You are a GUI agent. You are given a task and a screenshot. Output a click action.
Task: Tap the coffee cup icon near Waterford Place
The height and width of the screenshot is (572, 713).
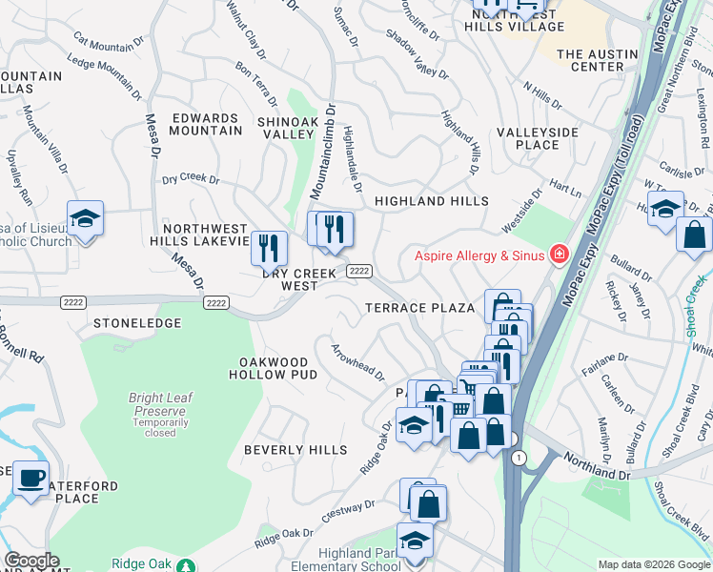31,477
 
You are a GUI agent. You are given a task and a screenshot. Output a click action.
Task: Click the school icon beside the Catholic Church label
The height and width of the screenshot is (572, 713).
85,218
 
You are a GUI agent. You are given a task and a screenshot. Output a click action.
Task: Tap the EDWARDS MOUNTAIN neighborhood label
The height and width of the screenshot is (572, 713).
205,125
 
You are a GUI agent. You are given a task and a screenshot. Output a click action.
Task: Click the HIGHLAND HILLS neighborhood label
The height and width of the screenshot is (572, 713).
431,201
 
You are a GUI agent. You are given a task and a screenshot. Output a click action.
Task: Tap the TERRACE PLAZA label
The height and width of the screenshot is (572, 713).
419,308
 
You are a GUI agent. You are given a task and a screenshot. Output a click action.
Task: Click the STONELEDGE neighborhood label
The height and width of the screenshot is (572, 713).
137,323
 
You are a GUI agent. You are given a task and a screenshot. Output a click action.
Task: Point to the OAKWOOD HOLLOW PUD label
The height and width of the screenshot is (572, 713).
274,368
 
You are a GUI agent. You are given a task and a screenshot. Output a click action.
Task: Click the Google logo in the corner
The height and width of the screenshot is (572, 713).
31,561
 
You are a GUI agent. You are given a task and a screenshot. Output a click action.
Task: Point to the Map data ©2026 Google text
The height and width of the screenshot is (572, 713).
653,564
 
